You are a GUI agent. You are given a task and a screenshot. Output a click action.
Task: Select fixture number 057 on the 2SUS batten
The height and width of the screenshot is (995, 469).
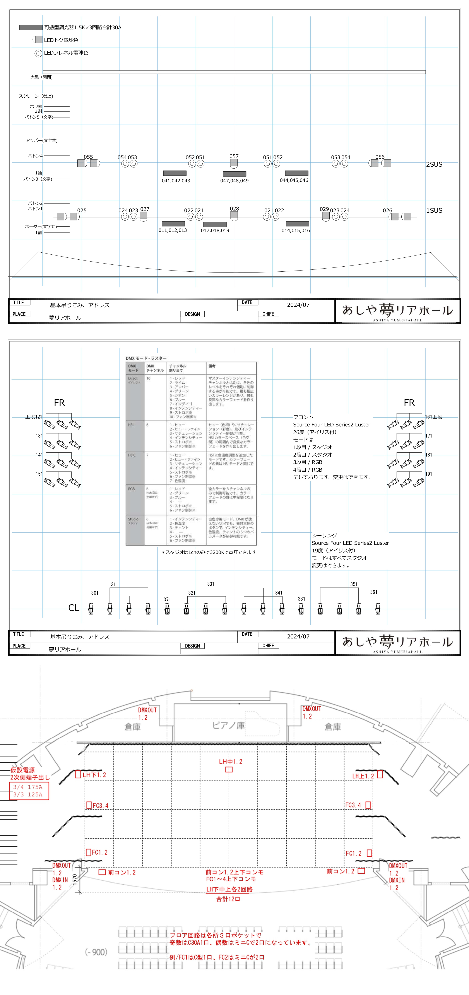tap(234, 156)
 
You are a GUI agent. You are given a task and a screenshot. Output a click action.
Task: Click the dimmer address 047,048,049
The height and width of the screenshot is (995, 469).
tap(234, 181)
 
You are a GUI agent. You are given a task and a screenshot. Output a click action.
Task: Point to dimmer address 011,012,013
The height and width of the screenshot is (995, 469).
tap(173, 230)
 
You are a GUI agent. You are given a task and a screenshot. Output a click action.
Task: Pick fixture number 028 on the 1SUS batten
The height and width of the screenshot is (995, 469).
tap(234, 209)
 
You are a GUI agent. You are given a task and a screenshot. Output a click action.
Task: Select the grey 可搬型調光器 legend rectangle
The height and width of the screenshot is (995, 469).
tap(31, 28)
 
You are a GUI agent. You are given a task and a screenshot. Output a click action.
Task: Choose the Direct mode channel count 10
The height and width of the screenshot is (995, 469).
tap(149, 379)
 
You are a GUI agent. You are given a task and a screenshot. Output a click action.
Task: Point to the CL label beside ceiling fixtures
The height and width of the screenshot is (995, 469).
tap(74, 608)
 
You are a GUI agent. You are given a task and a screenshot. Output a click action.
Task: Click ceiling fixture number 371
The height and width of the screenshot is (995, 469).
tap(167, 600)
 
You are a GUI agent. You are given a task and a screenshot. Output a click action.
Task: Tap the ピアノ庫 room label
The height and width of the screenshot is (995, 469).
tap(229, 725)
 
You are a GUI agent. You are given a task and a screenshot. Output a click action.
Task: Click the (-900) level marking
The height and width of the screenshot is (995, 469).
tap(96, 952)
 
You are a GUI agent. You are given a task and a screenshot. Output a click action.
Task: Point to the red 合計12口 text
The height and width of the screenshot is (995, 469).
tap(228, 899)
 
